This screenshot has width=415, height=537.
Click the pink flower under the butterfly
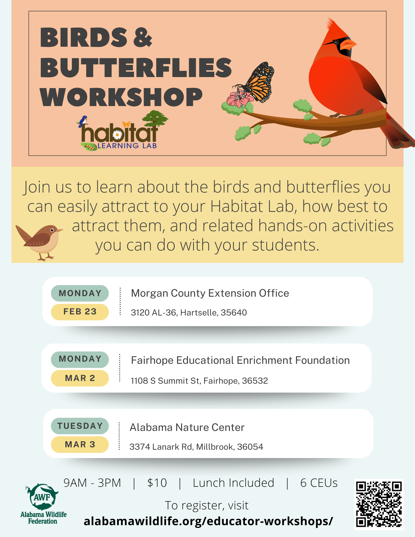point(239,99)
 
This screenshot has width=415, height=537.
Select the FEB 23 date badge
point(80,312)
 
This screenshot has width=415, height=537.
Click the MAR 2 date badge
point(80,378)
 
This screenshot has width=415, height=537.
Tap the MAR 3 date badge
point(80,444)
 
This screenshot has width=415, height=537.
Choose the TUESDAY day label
point(80,426)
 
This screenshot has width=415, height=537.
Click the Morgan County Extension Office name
point(210,293)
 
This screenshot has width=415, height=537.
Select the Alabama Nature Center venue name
point(187,427)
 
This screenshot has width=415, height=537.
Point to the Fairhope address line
point(199,380)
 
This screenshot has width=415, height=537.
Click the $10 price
point(157,483)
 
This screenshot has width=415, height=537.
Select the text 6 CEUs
point(319,483)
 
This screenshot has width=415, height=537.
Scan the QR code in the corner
point(379,504)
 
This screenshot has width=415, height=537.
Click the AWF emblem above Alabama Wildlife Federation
point(42,497)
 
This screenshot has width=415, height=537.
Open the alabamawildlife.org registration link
point(208,521)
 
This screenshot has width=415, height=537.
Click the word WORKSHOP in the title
point(121,97)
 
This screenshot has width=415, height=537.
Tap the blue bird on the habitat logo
point(83,121)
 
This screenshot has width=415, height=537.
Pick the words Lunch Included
point(233,483)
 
